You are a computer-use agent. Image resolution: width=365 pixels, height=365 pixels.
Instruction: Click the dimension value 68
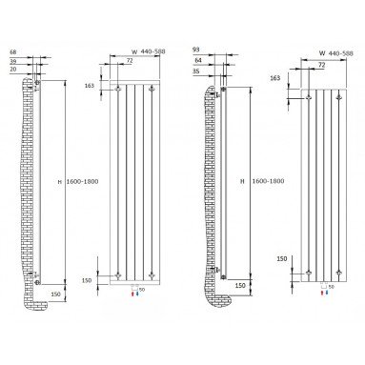[13, 51]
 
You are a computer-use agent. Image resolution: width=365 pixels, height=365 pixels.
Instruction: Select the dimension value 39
[13, 61]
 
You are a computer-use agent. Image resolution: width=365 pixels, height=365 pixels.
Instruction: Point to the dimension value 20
[13, 69]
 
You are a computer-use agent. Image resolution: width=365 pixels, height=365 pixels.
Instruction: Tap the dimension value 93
[196, 50]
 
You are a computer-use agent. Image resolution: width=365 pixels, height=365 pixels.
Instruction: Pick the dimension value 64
[198, 60]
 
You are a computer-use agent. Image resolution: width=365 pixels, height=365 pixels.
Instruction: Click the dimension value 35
[196, 71]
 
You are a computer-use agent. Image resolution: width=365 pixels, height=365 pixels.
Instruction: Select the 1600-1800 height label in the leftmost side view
[82, 181]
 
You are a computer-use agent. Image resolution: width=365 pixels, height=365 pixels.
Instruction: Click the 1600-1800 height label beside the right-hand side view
[268, 181]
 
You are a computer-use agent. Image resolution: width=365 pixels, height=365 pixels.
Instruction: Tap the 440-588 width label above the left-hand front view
[152, 51]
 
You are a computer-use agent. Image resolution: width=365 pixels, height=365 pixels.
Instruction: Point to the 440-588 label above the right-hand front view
[340, 53]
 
